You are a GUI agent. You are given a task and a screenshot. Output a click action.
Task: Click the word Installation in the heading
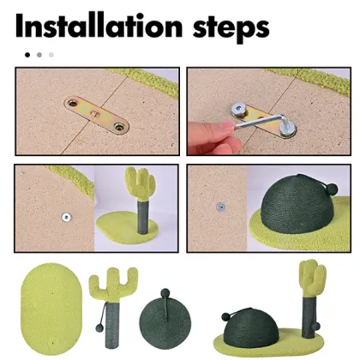[x=99, y=26]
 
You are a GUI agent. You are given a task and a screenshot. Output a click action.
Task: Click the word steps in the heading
[x=231, y=28]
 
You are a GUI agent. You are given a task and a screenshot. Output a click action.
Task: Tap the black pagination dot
[x=27, y=55]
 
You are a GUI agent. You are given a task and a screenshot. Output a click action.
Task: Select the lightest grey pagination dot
[x=51, y=55]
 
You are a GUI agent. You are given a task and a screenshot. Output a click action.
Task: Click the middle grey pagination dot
[x=39, y=55]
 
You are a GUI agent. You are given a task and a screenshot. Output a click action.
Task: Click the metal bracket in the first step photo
[x=97, y=115]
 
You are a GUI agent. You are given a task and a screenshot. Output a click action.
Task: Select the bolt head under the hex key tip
[x=287, y=132]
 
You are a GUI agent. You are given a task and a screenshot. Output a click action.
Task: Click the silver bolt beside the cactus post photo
[x=66, y=218]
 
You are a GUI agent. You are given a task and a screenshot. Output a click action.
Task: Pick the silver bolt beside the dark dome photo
[x=220, y=207]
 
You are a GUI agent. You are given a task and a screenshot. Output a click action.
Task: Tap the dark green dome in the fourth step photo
[x=297, y=207]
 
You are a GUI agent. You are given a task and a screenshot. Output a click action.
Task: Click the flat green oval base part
[x=51, y=305]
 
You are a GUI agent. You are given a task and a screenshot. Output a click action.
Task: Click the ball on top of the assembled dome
[x=225, y=316]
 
